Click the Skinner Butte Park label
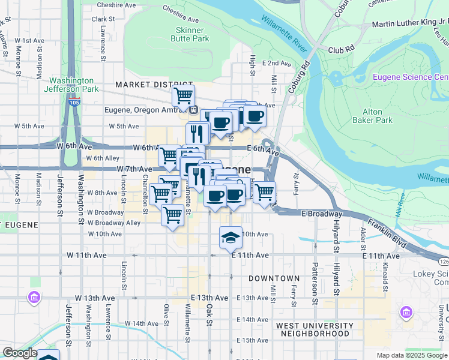tap(192, 34)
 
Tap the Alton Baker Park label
tap(378, 116)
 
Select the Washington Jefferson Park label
tap(71, 85)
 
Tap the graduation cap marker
tap(231, 238)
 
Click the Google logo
tap(19, 353)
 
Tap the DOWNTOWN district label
tap(274, 278)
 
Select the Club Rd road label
tap(341, 50)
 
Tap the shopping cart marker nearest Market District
tap(183, 95)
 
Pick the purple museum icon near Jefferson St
tap(34, 297)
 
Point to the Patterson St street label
tap(313, 279)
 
